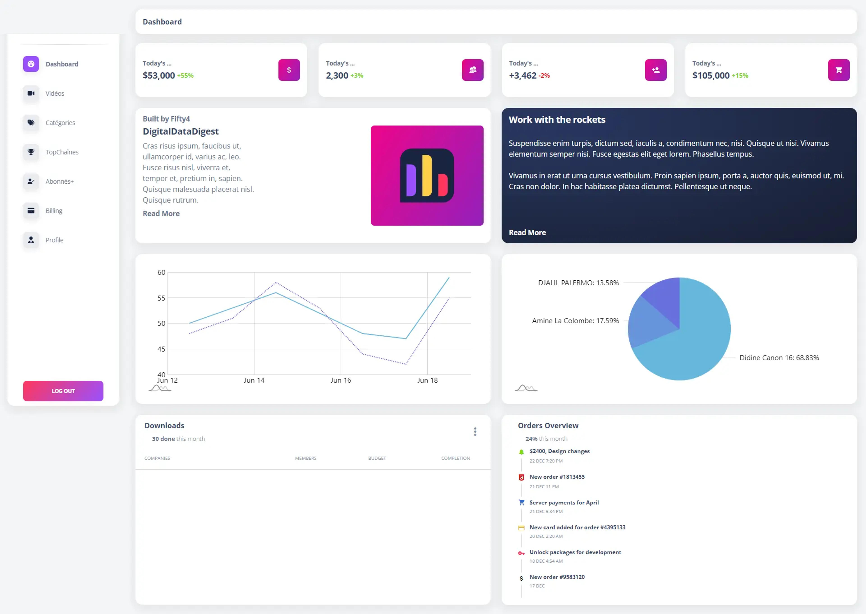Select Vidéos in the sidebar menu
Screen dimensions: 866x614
(x=55, y=93)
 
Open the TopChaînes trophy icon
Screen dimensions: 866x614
(x=31, y=152)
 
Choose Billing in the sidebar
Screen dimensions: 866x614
(x=54, y=211)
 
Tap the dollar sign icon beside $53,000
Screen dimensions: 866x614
(x=289, y=70)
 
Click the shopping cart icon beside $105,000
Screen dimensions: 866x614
(x=839, y=70)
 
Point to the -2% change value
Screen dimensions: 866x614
(x=544, y=76)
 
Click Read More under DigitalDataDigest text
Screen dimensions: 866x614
(x=161, y=214)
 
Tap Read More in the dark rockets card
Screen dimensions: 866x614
(x=527, y=233)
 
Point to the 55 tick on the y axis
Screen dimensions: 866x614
(x=161, y=298)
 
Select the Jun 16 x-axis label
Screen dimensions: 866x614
(x=341, y=380)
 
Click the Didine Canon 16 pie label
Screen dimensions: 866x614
(x=779, y=358)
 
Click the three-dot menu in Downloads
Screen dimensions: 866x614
(x=475, y=432)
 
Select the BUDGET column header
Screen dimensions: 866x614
(x=377, y=458)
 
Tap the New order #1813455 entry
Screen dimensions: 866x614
(x=557, y=477)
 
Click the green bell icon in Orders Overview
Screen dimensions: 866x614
(x=521, y=452)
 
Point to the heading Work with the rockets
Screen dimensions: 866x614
(x=557, y=120)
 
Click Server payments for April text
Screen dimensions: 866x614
(x=564, y=503)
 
